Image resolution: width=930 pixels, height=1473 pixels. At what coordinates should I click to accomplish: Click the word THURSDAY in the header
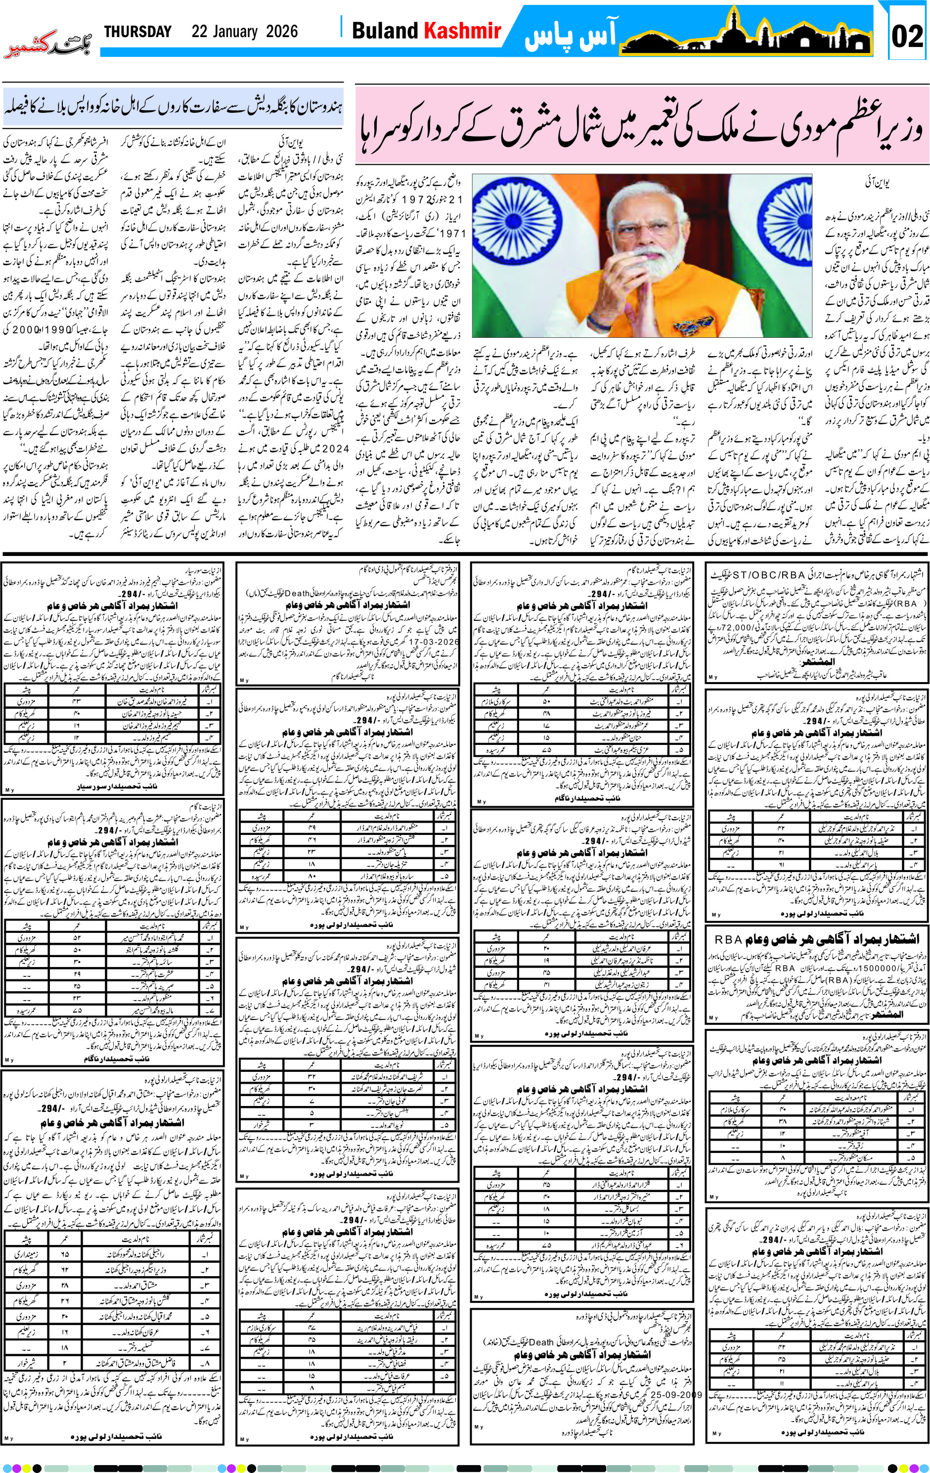pyautogui.click(x=137, y=32)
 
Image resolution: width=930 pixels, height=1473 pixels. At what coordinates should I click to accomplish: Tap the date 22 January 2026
pyautogui.click(x=245, y=32)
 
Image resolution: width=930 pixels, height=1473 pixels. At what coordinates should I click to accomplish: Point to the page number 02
pyautogui.click(x=907, y=36)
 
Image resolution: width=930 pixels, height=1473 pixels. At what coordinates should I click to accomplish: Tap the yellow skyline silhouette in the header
pyautogui.click(x=746, y=34)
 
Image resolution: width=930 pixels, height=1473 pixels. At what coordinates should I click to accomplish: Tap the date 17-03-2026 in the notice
pyautogui.click(x=432, y=643)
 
